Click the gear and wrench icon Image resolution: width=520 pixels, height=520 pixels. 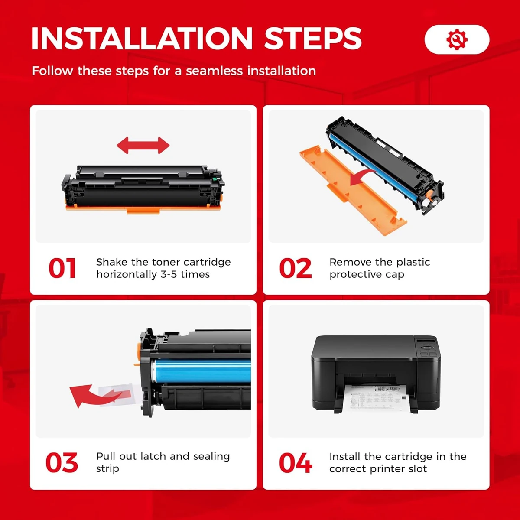point(457,40)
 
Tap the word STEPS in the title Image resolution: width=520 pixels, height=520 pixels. point(313,39)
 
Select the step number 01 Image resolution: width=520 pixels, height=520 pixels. point(62,268)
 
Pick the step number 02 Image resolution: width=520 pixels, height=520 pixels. point(295,268)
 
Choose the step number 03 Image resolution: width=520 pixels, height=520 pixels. point(62,463)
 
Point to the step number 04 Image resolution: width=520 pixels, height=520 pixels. point(295,463)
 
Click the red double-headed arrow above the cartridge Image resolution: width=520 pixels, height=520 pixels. point(143,146)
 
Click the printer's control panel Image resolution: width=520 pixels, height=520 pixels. point(427,347)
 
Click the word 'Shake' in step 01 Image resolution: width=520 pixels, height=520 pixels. point(112,262)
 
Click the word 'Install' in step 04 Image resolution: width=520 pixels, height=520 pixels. point(345,457)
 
